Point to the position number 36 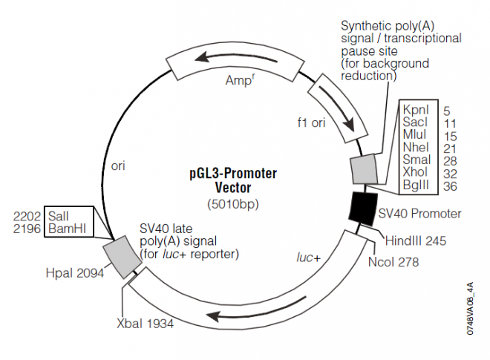coord(451,187)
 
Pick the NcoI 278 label coord(393,262)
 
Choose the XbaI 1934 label coord(147,324)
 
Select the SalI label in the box coord(59,215)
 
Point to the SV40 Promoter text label coord(419,214)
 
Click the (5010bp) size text coord(234,203)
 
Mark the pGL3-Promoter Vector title coord(234,180)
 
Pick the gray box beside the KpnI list coord(365,169)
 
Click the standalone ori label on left coord(117,166)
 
